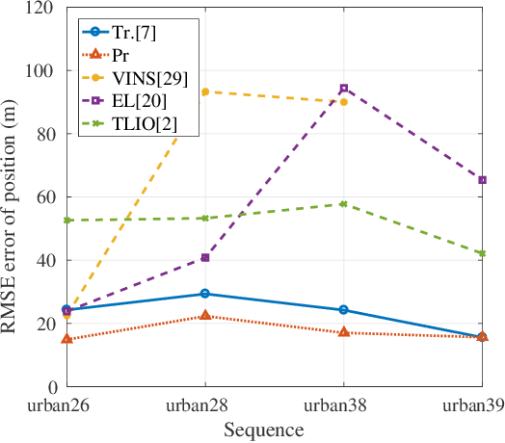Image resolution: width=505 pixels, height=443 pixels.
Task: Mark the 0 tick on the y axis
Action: click(x=49, y=387)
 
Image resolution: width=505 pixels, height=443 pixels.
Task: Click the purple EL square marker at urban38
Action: click(x=343, y=89)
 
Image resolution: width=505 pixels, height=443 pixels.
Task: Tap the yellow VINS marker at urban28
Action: click(x=204, y=91)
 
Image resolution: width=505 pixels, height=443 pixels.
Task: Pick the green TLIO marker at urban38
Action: click(x=343, y=204)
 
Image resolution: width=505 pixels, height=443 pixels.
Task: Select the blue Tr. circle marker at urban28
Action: click(x=204, y=294)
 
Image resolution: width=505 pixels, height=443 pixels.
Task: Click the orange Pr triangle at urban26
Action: click(x=66, y=339)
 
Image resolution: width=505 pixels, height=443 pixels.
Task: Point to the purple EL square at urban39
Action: click(x=482, y=180)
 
